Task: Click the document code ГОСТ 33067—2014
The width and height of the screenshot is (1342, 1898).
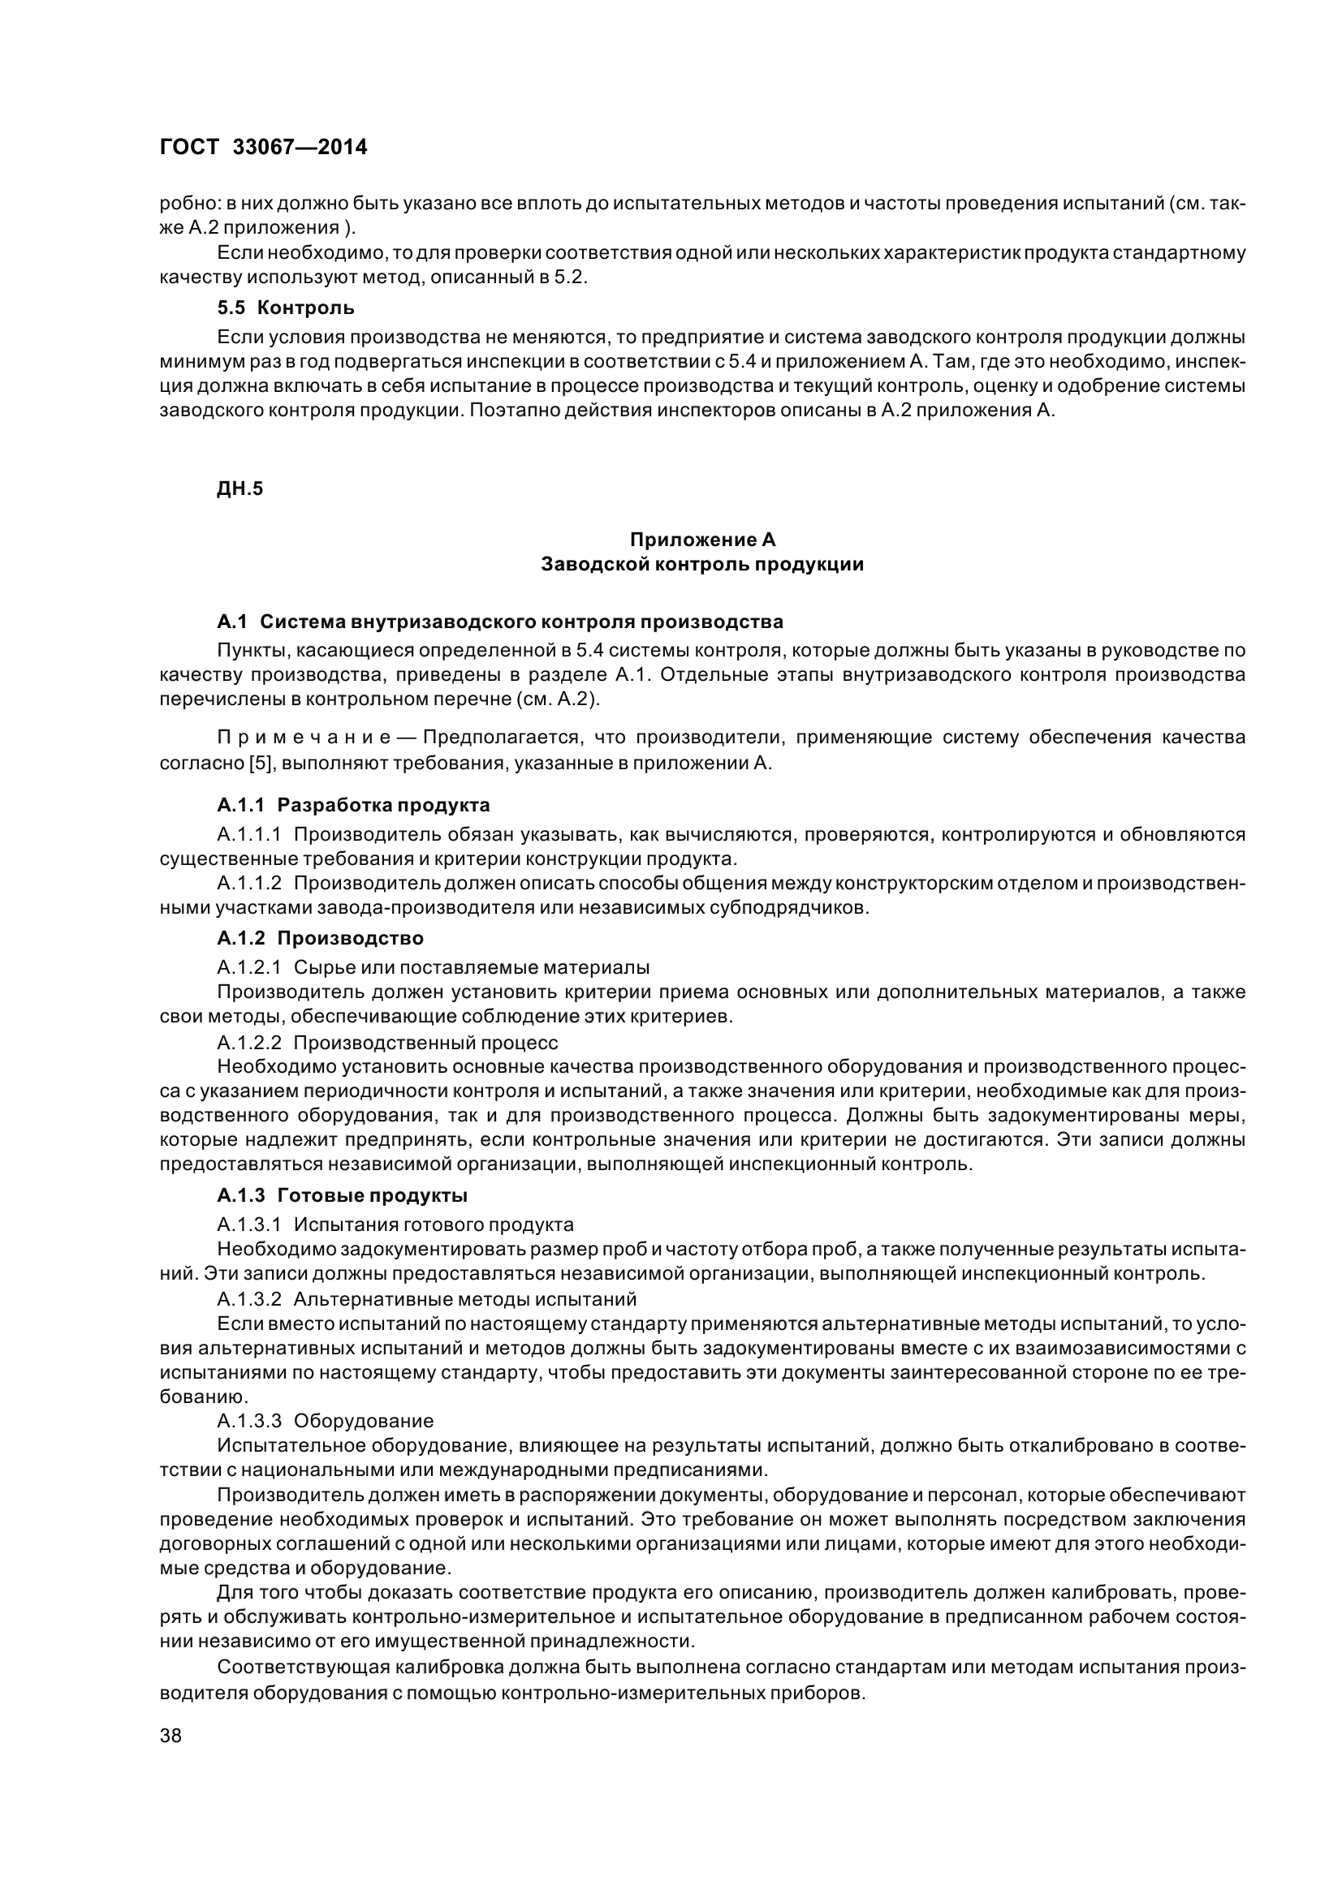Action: pyautogui.click(x=263, y=147)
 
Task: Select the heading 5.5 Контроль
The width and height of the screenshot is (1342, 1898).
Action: pyautogui.click(x=285, y=308)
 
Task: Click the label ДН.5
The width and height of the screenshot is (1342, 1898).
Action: pyautogui.click(x=239, y=488)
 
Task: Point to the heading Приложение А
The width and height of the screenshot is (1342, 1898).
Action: pyautogui.click(x=702, y=540)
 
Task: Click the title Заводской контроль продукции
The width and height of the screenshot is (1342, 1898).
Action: pyautogui.click(x=702, y=565)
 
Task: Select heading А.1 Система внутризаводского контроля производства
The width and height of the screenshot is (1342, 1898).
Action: pyautogui.click(x=500, y=621)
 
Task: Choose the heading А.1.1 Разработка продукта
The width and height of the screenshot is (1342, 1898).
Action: pyautogui.click(x=353, y=805)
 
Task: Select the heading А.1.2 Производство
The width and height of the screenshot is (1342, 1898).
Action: pyautogui.click(x=320, y=938)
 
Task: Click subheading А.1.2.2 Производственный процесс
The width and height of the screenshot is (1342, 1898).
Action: pyautogui.click(x=387, y=1042)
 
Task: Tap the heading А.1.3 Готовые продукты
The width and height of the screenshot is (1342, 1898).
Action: pyautogui.click(x=343, y=1195)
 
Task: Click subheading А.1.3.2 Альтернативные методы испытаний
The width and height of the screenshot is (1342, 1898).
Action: pyautogui.click(x=426, y=1298)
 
